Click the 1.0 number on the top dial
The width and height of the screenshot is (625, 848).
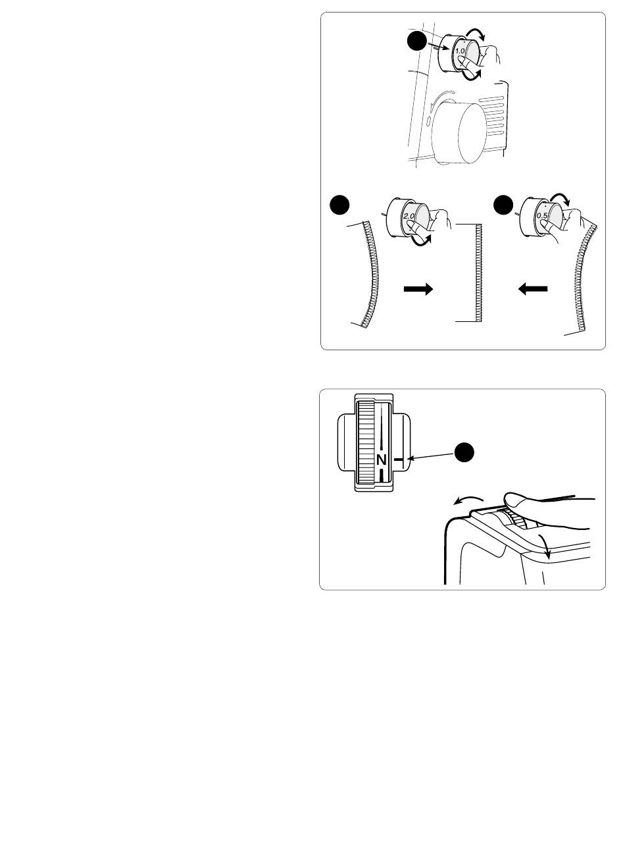[460, 51]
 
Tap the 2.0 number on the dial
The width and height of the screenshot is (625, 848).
[409, 216]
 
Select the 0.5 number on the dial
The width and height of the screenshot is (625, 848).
[542, 215]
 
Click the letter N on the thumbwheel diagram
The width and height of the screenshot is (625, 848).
[382, 460]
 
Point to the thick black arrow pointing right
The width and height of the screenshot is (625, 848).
[418, 289]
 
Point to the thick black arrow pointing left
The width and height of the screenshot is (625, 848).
[533, 289]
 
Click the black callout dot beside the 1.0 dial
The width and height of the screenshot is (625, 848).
[417, 41]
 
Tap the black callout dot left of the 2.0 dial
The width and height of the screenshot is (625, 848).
[339, 205]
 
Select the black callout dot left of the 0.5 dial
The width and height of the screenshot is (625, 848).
[503, 205]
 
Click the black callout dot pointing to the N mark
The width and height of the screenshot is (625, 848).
[464, 452]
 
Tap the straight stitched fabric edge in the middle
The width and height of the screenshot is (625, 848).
[478, 273]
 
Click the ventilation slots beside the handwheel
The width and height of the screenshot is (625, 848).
[491, 117]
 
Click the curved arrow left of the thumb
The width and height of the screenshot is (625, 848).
[468, 499]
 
